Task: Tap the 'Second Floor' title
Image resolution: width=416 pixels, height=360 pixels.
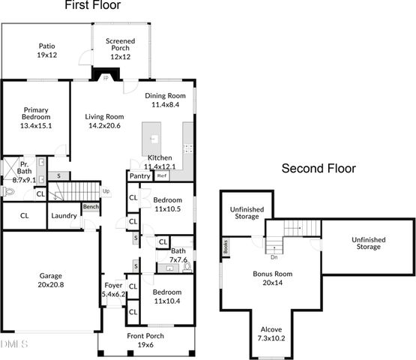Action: (318, 169)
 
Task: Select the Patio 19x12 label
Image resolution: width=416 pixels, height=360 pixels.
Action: (46, 50)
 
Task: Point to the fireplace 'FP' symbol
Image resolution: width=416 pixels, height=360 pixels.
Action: (106, 76)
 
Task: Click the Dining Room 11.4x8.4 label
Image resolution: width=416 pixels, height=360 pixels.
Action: (166, 100)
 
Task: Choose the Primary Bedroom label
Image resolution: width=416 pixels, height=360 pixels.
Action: (36, 118)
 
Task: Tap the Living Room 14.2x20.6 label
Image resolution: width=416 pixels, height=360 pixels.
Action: (104, 121)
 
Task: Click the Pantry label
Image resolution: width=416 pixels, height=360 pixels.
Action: (139, 176)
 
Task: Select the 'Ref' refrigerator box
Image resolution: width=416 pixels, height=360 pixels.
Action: (161, 176)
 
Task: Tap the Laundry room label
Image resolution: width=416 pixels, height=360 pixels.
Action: (64, 216)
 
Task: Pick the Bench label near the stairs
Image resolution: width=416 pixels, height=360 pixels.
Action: (91, 207)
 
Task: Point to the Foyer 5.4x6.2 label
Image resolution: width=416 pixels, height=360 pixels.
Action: (114, 289)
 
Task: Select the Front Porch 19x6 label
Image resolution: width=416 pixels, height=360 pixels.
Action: (147, 340)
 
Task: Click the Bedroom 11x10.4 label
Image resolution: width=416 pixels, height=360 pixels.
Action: (167, 295)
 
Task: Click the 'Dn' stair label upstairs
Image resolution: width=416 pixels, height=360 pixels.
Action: (274, 256)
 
